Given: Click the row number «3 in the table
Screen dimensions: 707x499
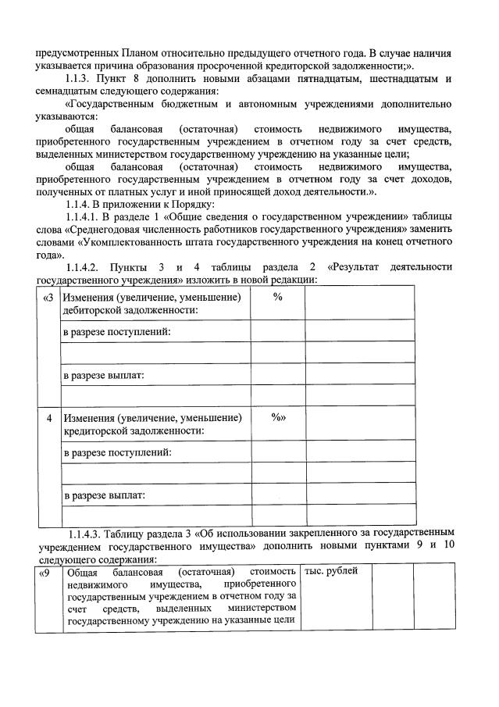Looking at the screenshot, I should pyautogui.click(x=48, y=298).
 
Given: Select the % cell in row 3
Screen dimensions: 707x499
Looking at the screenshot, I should pyautogui.click(x=277, y=298).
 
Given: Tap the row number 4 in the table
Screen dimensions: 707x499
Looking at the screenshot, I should pyautogui.click(x=49, y=418).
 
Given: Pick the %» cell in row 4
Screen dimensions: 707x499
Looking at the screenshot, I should pyautogui.click(x=279, y=418).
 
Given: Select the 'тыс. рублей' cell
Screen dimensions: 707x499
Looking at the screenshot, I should pyautogui.click(x=331, y=572).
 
